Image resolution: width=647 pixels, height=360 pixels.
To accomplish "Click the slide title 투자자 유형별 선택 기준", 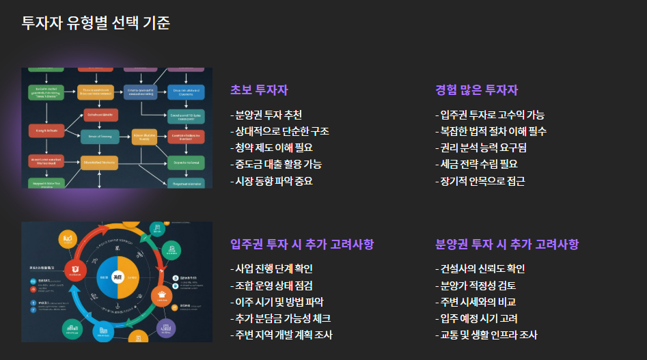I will click(96, 23).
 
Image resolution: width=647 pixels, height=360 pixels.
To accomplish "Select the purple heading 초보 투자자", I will click(259, 90).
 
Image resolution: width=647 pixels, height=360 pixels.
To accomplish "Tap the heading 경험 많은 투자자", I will click(476, 90).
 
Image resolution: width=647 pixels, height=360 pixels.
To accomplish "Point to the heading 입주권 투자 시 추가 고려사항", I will click(302, 245).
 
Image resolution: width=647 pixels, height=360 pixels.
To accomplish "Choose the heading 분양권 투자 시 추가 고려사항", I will click(507, 245).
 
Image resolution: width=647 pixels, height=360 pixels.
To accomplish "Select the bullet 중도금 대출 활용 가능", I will click(277, 164).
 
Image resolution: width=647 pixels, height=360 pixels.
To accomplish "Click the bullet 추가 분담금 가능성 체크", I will click(282, 318).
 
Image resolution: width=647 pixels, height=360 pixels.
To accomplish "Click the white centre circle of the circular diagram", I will click(118, 277).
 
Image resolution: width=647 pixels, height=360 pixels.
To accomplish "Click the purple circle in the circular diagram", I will click(167, 329).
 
